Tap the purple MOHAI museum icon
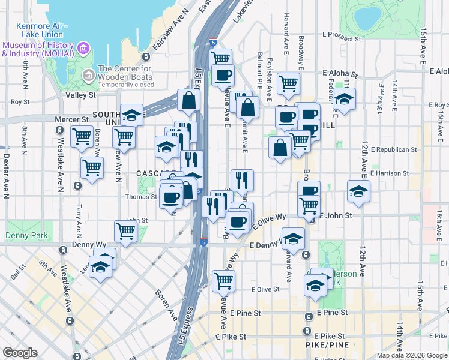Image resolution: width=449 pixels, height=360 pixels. (x=84, y=47)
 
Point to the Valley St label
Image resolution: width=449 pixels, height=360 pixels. (x=80, y=95)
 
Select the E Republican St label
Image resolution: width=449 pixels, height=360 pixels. (x=394, y=149)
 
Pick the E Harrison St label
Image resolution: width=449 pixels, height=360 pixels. (x=390, y=173)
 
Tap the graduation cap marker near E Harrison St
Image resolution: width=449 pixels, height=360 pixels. (x=358, y=191)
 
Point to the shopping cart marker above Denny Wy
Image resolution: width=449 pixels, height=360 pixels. (x=125, y=230)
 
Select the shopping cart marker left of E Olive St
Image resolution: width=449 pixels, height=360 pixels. (x=223, y=279)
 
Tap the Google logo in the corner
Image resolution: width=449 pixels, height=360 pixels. (x=20, y=353)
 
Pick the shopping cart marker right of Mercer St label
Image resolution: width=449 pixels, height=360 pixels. (x=82, y=136)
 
